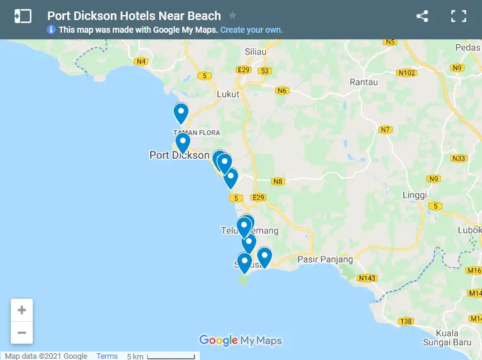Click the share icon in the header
tap(422, 16)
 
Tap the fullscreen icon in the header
tap(458, 16)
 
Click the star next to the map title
tap(233, 16)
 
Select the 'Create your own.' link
tap(251, 30)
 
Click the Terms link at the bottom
tap(107, 356)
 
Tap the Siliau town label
tap(256, 52)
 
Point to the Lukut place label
tap(228, 94)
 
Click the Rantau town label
tap(364, 82)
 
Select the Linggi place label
tap(415, 195)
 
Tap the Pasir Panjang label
tap(325, 259)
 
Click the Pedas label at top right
tap(467, 47)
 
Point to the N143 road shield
tap(367, 278)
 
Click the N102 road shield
tap(407, 73)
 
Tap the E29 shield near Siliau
tap(244, 70)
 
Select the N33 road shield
tap(459, 159)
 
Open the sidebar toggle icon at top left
tap(23, 16)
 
